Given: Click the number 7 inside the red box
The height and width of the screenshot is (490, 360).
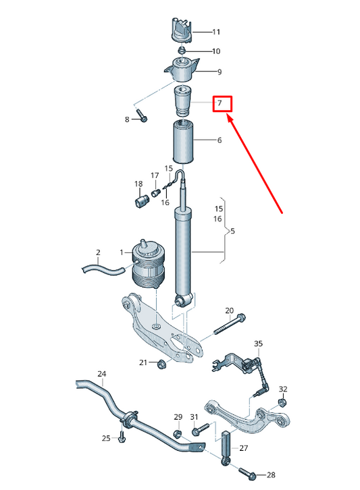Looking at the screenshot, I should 220,103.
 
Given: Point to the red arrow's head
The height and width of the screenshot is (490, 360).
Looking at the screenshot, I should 228,117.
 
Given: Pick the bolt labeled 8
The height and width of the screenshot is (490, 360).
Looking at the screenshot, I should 140,115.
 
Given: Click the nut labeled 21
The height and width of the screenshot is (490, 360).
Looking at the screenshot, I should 161,365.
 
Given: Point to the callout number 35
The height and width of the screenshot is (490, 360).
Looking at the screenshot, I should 257,345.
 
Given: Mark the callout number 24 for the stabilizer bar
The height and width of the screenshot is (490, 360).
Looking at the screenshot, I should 101,373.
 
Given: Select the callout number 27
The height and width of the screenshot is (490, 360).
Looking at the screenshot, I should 244,447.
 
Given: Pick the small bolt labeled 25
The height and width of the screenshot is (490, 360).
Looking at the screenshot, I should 122,439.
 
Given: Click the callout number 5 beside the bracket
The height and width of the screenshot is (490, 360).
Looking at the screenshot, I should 232,232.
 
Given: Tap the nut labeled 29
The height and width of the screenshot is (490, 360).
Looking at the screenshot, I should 177,434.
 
